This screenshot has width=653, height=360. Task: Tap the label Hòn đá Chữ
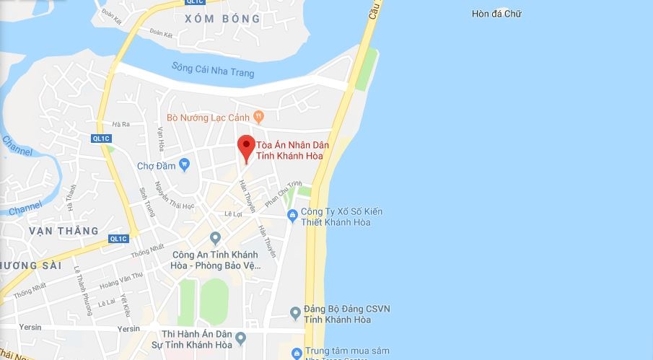tap(496, 14)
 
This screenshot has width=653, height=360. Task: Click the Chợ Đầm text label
tap(155, 165)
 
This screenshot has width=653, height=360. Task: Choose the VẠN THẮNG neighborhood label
tap(64, 230)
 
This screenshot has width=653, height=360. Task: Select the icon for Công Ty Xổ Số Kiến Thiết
tap(292, 214)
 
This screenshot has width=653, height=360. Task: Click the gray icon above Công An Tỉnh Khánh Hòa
tap(215, 237)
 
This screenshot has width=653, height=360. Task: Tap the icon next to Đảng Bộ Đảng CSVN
tap(295, 312)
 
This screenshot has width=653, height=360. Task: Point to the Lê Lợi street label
tap(233, 214)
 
